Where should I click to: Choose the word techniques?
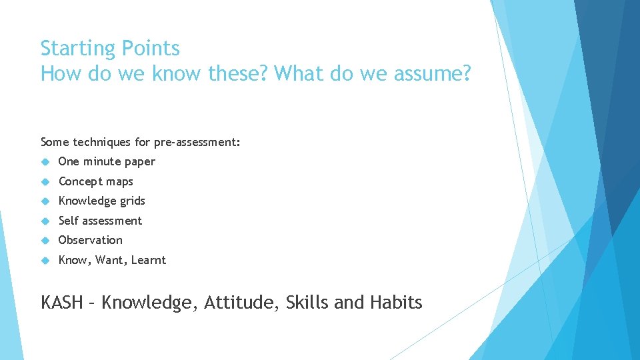101,142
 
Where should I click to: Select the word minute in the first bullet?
103,161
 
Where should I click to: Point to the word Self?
69,221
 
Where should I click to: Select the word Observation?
91,240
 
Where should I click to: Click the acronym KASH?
62,303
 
